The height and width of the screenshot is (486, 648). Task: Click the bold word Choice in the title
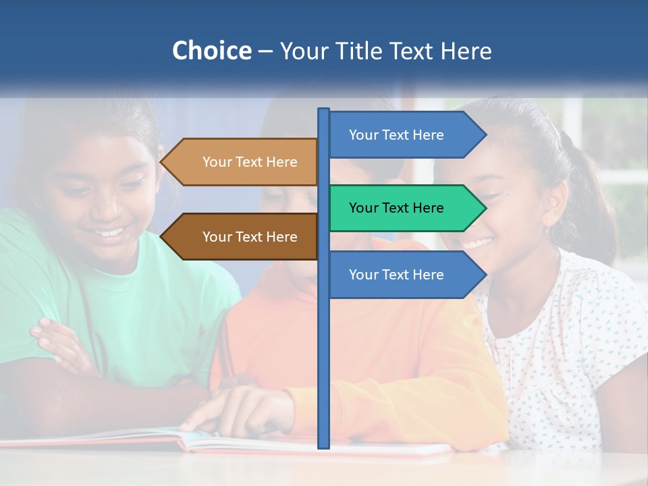click(211, 51)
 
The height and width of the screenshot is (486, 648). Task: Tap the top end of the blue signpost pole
click(324, 111)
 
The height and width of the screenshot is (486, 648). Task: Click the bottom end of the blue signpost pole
click(324, 446)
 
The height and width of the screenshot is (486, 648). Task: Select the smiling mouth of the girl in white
click(478, 242)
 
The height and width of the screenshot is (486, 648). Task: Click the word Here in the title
click(466, 51)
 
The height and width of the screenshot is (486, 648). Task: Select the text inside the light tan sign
click(250, 162)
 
